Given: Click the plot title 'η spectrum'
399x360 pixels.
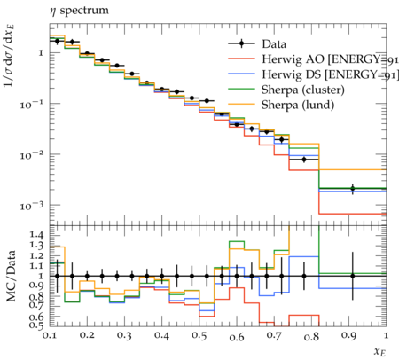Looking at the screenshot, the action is [x=79, y=11].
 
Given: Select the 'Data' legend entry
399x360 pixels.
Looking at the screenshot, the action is [x=257, y=44].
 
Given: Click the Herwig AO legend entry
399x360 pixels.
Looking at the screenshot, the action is [x=313, y=59].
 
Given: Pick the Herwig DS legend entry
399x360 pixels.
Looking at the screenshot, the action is [x=313, y=74].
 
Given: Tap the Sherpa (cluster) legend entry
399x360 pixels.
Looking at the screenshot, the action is [x=286, y=90].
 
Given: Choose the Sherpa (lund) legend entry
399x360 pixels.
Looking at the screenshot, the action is [x=281, y=105].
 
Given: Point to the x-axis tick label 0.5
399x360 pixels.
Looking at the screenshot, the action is [x=199, y=335].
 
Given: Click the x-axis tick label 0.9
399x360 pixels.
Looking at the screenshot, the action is [x=348, y=335].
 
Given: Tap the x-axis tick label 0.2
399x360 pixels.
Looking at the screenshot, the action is [x=87, y=335].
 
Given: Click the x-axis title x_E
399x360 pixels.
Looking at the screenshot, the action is [x=380, y=352].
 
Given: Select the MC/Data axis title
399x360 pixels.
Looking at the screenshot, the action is [x=11, y=276].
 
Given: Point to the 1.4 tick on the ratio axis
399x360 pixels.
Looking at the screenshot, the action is [x=36, y=236].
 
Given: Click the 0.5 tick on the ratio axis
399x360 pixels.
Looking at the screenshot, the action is [x=36, y=325].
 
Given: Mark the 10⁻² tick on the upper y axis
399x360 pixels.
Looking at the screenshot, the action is [x=32, y=155].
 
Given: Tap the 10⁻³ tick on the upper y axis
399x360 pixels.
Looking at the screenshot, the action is [x=32, y=206].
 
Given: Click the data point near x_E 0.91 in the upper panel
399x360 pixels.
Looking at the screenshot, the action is [x=353, y=188].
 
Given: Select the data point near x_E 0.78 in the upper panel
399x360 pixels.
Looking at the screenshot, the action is [x=304, y=160].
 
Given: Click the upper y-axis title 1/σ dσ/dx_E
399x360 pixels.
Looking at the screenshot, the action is [x=9, y=56].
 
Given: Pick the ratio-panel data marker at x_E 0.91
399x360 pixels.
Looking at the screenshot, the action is [x=353, y=276].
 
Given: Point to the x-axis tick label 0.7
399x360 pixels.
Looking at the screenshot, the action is [x=274, y=335].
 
